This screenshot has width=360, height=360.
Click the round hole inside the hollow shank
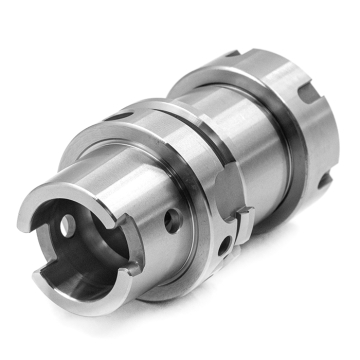[x=68, y=226]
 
